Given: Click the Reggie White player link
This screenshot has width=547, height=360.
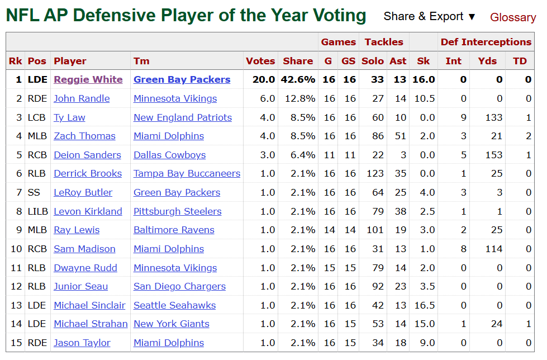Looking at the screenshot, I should click(x=88, y=79).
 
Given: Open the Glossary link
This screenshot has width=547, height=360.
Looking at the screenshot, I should click(x=512, y=17).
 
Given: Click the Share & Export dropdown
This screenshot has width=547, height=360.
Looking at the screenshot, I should click(x=430, y=17).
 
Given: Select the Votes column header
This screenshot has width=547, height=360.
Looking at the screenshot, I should click(x=260, y=61).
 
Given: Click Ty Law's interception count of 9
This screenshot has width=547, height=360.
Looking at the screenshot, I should click(x=463, y=117).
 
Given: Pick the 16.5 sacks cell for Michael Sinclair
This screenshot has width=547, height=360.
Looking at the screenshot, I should click(x=423, y=305).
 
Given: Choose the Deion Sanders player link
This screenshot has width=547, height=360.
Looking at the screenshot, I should click(x=87, y=155).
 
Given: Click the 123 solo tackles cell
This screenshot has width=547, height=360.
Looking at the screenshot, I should click(x=375, y=173).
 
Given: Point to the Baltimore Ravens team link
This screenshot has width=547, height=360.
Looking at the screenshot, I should click(x=174, y=230).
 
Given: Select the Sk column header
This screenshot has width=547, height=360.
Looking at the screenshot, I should click(x=423, y=61).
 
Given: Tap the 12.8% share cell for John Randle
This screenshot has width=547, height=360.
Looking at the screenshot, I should click(x=299, y=98).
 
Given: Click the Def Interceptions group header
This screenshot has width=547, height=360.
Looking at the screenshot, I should click(x=486, y=42).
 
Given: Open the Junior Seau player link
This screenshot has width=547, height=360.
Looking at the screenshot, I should click(x=80, y=286).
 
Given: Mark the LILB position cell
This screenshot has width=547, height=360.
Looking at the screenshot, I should click(x=37, y=211).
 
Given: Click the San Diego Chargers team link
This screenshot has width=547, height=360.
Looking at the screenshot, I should click(x=179, y=286).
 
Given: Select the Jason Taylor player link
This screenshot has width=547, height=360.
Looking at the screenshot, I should click(x=82, y=343).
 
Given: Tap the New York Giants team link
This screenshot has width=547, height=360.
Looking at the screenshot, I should click(x=171, y=324).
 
